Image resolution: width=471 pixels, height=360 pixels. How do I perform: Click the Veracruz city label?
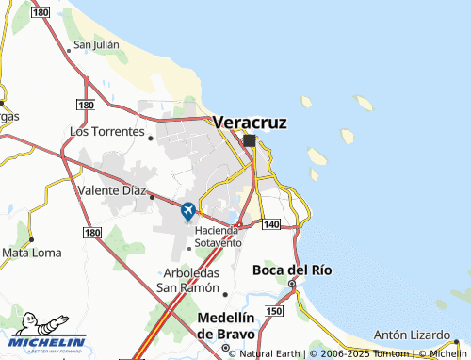click(250, 123)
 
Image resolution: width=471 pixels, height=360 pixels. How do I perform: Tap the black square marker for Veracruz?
click(249, 140)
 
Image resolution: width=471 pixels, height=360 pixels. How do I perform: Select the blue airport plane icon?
click(188, 210)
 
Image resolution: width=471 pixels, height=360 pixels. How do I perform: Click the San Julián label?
click(96, 44)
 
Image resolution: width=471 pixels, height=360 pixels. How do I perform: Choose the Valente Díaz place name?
click(111, 190)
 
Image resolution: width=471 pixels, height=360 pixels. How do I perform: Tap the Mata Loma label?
click(32, 253)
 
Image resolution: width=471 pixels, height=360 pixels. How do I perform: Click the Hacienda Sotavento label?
click(219, 237)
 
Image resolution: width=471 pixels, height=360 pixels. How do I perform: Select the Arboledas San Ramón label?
click(187, 281)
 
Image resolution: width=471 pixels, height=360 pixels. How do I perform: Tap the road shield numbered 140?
click(271, 223)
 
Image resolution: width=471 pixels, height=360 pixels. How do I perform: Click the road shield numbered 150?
click(274, 310)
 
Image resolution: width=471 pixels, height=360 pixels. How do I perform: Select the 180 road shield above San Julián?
click(40, 11)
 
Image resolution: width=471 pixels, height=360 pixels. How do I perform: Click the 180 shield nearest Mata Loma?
click(91, 232)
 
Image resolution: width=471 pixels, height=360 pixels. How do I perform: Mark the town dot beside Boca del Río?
click(292, 284)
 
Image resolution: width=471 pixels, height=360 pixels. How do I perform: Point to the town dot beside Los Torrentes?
click(152, 137)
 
